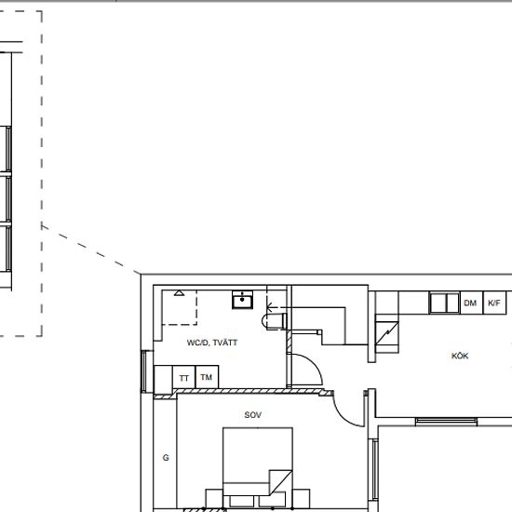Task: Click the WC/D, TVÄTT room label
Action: click(x=212, y=343)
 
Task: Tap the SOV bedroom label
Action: click(x=252, y=415)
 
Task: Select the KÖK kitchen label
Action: click(x=460, y=356)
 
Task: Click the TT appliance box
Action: click(x=184, y=378)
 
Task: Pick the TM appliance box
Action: click(x=207, y=378)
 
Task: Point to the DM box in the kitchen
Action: click(x=470, y=303)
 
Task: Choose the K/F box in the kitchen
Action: click(x=494, y=303)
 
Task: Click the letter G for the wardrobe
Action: click(x=166, y=458)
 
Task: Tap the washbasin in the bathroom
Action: click(x=243, y=299)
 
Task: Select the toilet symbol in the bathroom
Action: click(x=273, y=319)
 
